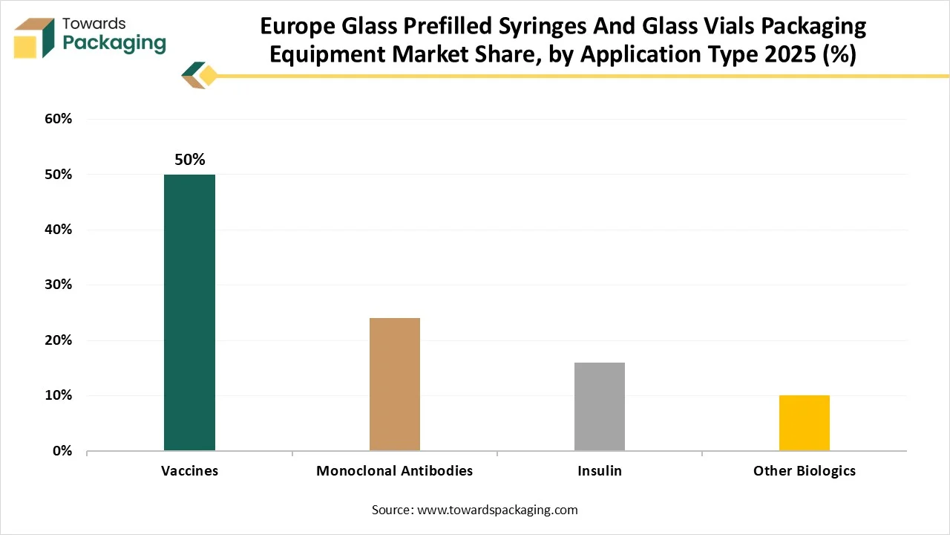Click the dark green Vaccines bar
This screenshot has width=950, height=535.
click(189, 312)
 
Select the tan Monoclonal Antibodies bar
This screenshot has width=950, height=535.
click(395, 384)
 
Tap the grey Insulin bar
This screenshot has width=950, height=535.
click(600, 406)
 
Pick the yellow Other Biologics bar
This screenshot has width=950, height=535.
click(805, 423)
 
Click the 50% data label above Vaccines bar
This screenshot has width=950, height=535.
click(189, 160)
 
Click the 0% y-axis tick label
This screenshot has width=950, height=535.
click(61, 451)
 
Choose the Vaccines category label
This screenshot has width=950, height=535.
click(189, 471)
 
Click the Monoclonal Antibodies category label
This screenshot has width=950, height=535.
click(394, 471)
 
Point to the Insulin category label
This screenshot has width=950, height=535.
click(600, 471)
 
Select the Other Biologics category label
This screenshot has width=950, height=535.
click(805, 471)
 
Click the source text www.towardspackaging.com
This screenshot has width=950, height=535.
click(497, 510)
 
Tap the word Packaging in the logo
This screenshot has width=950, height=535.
click(114, 43)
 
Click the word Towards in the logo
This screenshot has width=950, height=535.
click(95, 24)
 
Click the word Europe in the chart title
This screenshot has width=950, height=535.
click(297, 27)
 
